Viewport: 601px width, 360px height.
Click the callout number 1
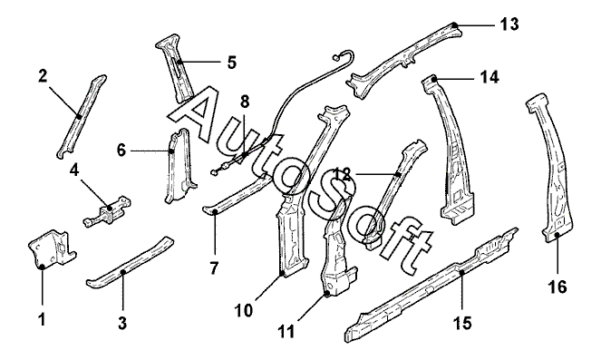pos(42,319)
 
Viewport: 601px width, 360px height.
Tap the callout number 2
pos(43,76)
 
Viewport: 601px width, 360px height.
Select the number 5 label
pos(232,62)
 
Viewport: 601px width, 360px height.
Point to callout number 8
pos(245,102)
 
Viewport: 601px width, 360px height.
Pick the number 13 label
pos(509,24)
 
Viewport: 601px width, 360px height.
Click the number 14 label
pos(490,77)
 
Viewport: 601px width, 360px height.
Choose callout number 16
pos(557,287)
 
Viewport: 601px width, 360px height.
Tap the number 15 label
pos(462,323)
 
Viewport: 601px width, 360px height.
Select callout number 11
pos(286,331)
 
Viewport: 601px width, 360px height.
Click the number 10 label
pos(244,310)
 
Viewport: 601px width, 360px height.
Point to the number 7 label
pos(214,268)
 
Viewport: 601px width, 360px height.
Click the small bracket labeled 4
pos(107,211)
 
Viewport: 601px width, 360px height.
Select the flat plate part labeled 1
pos(53,248)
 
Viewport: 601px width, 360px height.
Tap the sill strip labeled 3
pos(130,262)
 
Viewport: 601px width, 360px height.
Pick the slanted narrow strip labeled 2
pos(82,116)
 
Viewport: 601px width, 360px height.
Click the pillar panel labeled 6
pos(179,166)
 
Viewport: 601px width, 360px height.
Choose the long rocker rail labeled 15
pos(431,285)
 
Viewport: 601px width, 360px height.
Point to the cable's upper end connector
pos(335,58)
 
